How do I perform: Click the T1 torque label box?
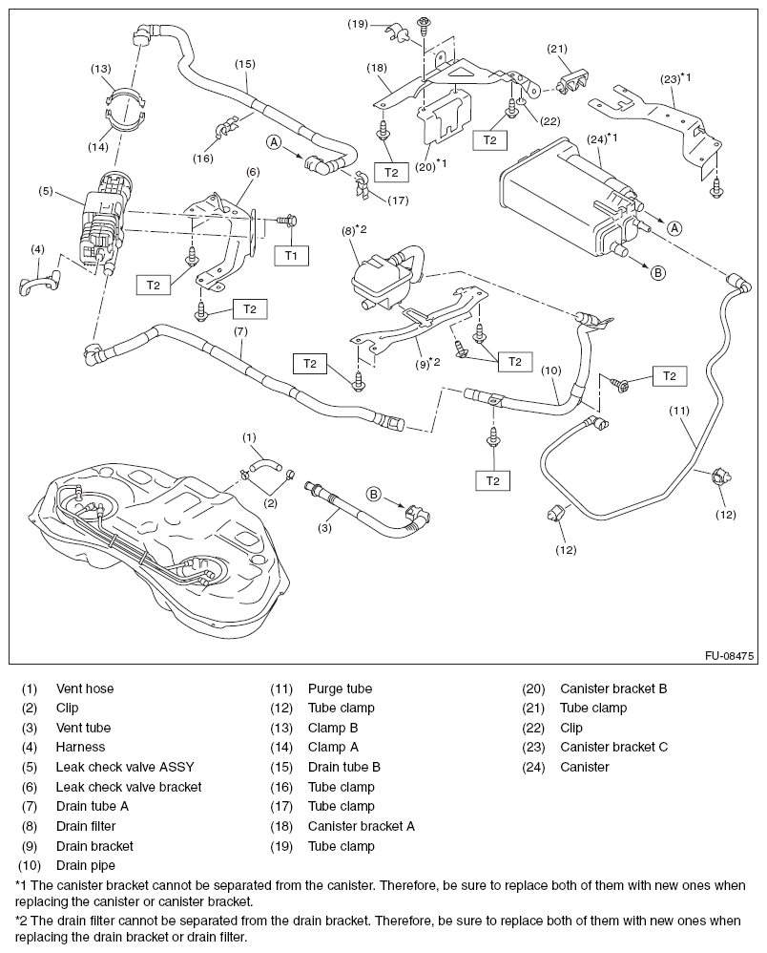[x=291, y=255]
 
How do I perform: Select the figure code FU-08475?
[x=730, y=657]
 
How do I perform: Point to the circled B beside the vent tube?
[x=374, y=494]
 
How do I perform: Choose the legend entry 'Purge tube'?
[x=340, y=688]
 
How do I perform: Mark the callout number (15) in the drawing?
[x=245, y=64]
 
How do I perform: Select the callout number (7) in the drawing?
[x=239, y=331]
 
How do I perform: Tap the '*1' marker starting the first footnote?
[x=24, y=884]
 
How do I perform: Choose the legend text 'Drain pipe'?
[x=87, y=865]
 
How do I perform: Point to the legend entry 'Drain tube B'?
[x=344, y=767]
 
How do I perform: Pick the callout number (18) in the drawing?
[x=379, y=68]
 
